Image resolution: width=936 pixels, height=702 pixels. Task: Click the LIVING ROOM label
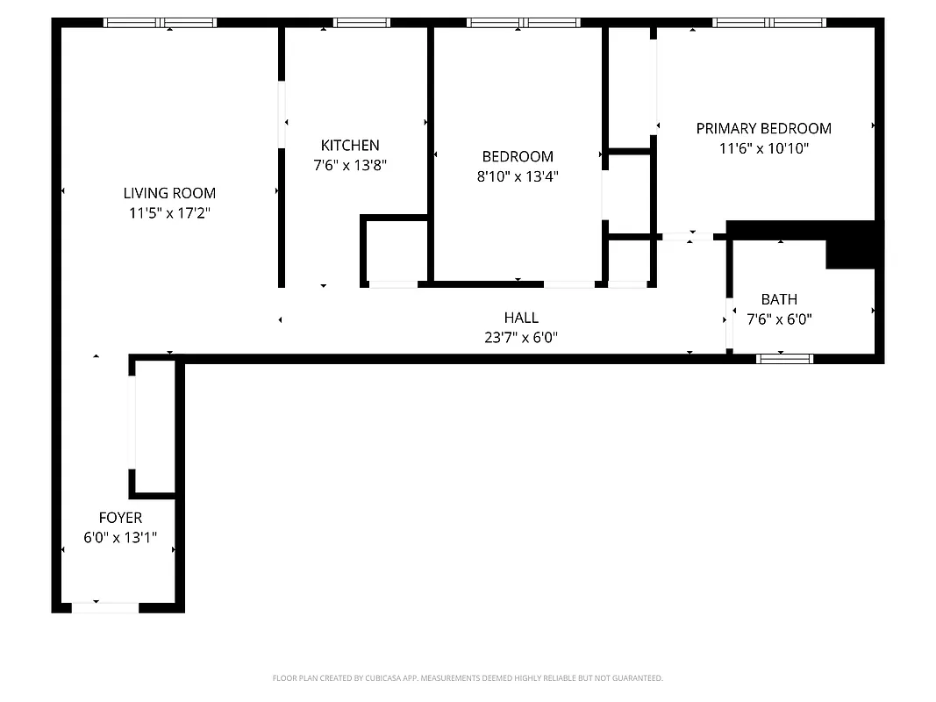(169, 193)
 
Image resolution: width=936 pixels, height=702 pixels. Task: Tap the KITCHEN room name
(350, 146)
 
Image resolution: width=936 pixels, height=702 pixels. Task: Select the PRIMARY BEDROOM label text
(763, 128)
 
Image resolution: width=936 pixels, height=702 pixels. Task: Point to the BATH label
(779, 299)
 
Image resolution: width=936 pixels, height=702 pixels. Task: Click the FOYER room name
(120, 518)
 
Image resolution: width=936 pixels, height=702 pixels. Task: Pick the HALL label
(521, 318)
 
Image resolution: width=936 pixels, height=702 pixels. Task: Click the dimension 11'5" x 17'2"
(169, 212)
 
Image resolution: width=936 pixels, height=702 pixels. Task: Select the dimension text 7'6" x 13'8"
(350, 165)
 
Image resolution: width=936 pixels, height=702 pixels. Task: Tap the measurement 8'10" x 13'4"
(518, 175)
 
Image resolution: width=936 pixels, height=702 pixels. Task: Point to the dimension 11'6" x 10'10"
(763, 148)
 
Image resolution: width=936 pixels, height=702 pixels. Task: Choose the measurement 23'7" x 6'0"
(521, 337)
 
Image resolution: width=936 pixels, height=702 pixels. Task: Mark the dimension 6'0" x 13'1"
(120, 537)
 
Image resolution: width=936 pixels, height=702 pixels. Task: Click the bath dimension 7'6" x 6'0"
(779, 319)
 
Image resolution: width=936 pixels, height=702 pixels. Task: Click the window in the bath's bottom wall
(785, 358)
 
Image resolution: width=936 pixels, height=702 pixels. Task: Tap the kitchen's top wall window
(361, 23)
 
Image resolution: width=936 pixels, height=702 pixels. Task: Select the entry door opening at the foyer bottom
(104, 606)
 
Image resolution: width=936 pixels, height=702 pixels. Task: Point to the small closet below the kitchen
(396, 249)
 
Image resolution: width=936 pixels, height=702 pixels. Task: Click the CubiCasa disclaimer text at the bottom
(468, 678)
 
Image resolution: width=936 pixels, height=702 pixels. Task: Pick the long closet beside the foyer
(156, 425)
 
